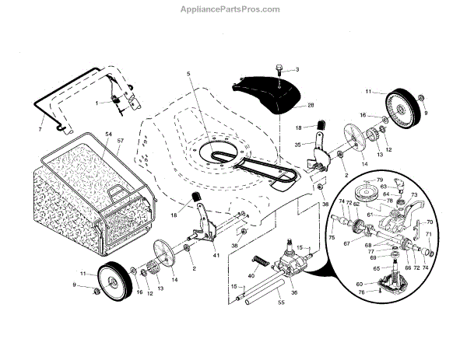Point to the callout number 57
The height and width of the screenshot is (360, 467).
tap(120, 143)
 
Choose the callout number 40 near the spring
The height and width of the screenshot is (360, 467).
tap(251, 275)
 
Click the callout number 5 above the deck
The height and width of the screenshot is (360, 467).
tap(188, 74)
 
